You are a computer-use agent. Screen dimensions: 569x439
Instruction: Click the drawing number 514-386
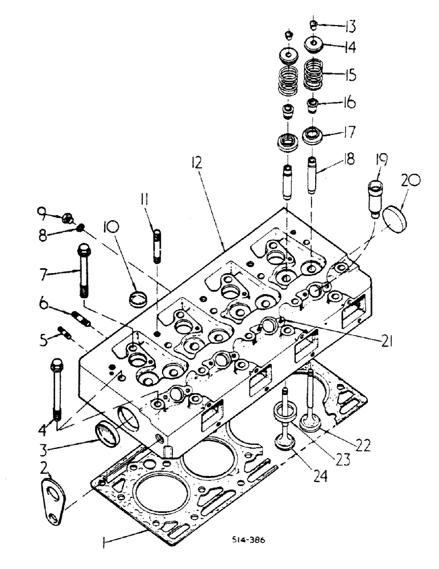(x=252, y=540)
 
